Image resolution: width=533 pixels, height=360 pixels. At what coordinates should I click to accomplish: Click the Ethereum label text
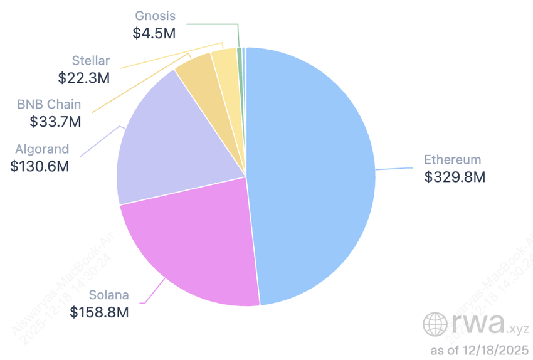(452, 160)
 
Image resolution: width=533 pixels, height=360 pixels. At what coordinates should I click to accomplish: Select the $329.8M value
(455, 177)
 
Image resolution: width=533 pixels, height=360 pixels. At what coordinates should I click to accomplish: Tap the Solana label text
(108, 294)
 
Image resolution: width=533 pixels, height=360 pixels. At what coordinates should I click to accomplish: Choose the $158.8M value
(99, 311)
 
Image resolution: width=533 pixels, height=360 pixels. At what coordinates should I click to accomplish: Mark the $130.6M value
(40, 166)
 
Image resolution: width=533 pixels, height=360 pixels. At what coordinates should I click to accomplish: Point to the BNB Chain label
(50, 105)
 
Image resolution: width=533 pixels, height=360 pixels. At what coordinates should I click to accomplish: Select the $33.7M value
(55, 122)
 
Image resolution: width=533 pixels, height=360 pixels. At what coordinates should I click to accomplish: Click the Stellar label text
(90, 61)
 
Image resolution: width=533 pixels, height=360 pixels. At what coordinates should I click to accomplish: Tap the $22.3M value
(84, 78)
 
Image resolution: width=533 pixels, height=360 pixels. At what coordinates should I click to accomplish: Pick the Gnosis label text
(156, 16)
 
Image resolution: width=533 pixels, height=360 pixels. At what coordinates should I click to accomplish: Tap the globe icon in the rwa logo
(436, 324)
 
